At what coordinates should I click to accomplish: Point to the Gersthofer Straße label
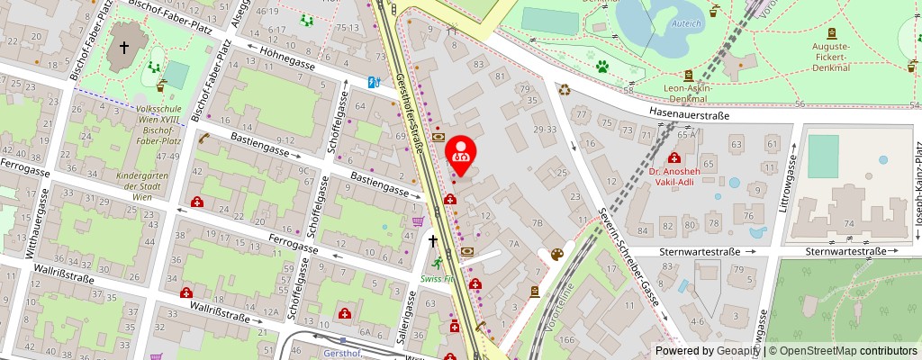click(x=411, y=113)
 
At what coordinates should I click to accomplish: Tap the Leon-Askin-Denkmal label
click(x=689, y=94)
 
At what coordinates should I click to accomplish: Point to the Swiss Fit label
click(x=437, y=279)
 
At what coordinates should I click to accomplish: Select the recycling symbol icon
click(x=565, y=89)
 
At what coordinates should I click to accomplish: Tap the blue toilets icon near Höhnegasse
click(x=373, y=81)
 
